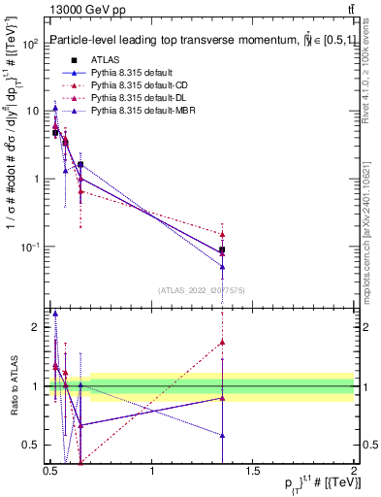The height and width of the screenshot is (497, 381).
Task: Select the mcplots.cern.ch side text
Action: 371,223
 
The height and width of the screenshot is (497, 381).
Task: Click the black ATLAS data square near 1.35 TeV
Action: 223,250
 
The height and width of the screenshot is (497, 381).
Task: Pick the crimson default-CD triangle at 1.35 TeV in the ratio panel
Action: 223,342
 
